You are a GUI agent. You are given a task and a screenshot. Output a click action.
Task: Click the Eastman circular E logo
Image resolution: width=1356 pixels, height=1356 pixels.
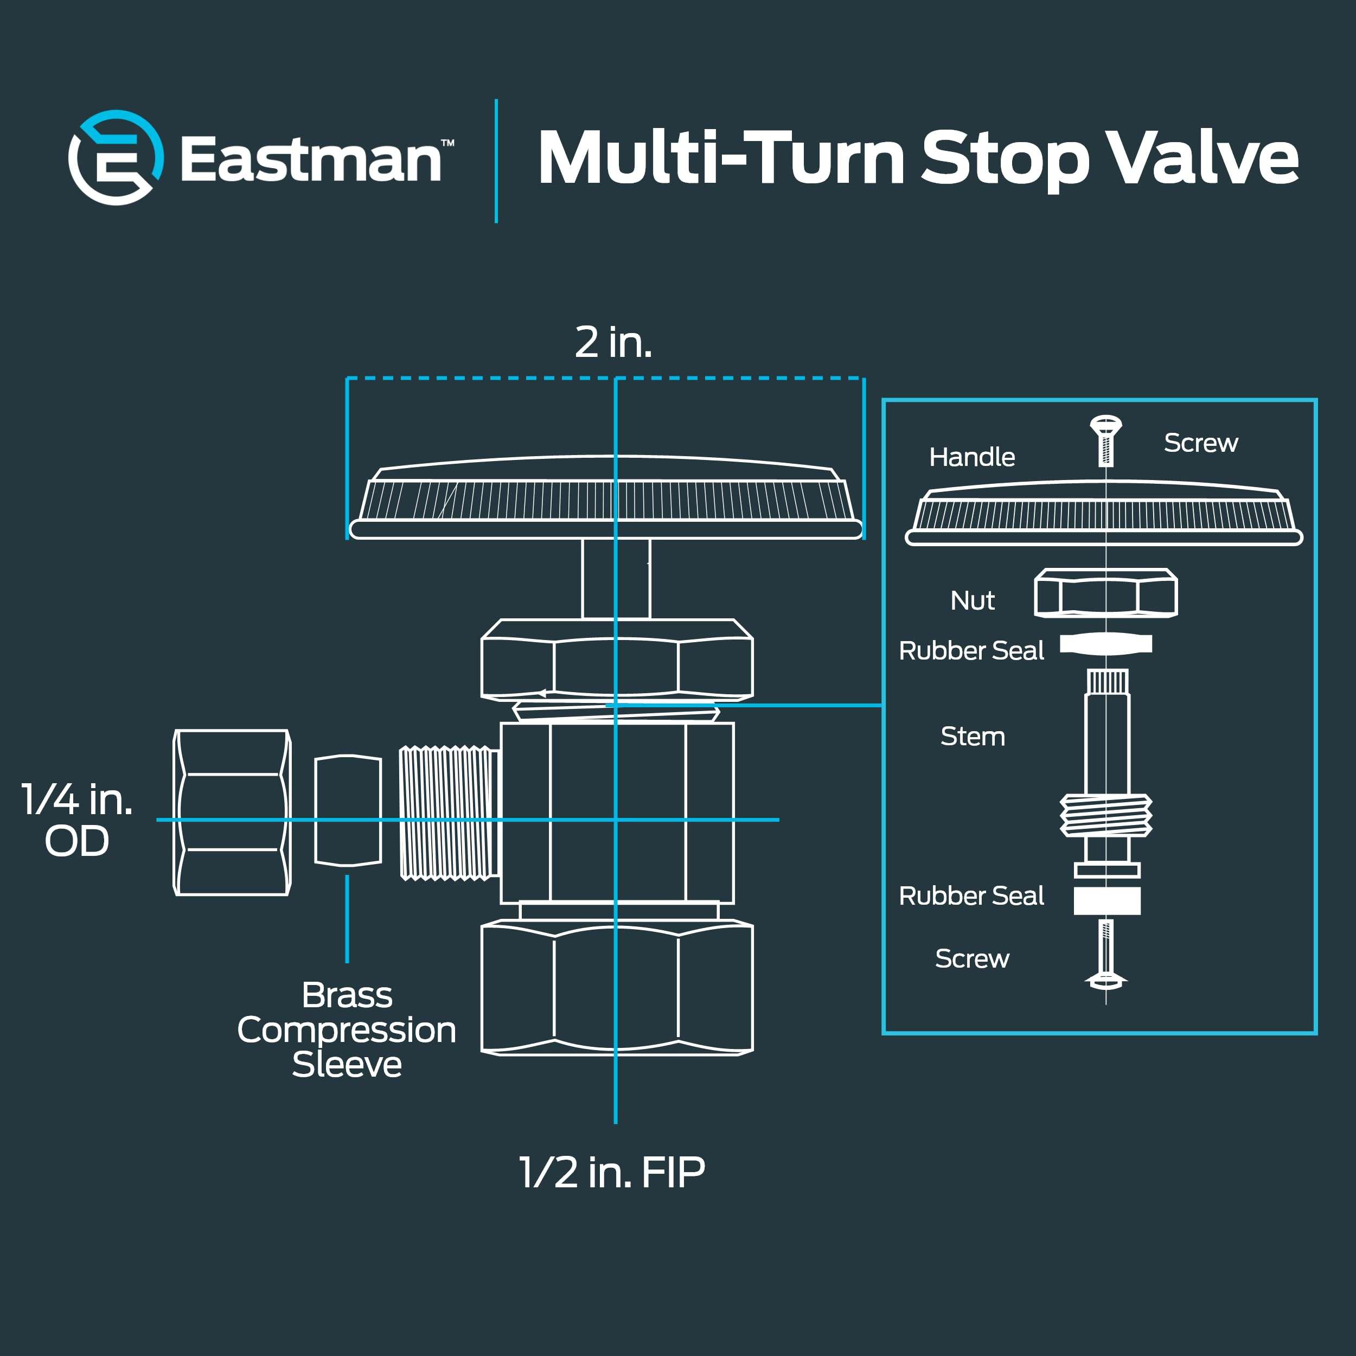[x=116, y=157]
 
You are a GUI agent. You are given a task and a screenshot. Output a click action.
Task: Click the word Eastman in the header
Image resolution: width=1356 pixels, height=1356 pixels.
[x=311, y=159]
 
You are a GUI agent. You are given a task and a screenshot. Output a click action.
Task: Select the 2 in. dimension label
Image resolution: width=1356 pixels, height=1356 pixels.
[x=613, y=342]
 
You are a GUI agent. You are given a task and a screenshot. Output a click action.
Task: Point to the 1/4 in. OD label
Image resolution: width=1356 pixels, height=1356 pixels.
[x=77, y=820]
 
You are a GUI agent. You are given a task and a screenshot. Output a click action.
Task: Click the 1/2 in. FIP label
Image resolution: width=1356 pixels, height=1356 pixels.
[x=611, y=1173]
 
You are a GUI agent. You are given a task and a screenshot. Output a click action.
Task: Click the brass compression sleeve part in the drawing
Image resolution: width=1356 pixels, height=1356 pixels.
[x=348, y=811]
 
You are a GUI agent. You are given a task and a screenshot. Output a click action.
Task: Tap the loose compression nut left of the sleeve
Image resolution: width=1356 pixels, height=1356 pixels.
[x=232, y=812]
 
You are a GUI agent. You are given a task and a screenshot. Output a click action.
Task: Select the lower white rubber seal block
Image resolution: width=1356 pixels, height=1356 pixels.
[x=1107, y=900]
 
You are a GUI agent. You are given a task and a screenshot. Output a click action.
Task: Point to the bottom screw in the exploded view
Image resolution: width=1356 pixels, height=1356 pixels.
[x=1106, y=955]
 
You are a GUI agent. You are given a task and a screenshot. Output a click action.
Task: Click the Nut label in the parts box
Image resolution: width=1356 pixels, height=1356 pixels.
[x=973, y=601]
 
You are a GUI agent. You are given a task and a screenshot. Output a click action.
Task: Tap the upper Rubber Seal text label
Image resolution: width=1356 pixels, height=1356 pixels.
[x=971, y=651]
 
